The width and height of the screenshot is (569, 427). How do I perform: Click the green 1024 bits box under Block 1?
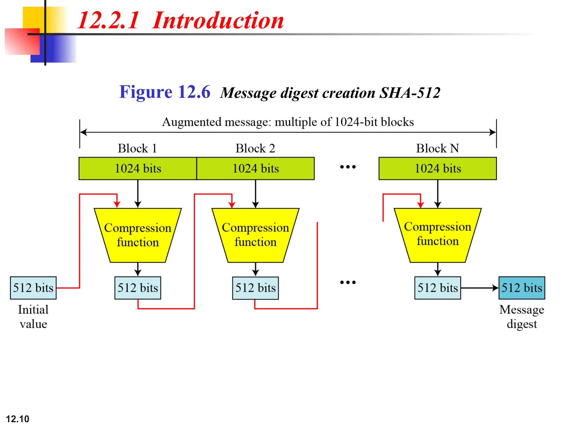(138, 168)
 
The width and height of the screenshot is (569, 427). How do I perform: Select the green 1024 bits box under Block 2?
(255, 168)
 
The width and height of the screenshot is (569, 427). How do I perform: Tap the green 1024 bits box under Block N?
(438, 168)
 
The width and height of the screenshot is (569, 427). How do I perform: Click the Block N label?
(437, 148)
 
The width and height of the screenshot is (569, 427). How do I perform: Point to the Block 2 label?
(255, 148)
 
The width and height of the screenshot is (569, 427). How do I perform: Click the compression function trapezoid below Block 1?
(138, 235)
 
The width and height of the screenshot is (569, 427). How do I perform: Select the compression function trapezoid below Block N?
(438, 235)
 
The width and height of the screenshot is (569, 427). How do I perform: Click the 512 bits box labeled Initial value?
(33, 288)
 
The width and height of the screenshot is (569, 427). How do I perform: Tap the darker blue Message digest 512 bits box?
(521, 288)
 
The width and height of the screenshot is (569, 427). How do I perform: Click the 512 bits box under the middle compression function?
(255, 288)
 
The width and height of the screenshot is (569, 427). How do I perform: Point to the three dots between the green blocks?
(348, 167)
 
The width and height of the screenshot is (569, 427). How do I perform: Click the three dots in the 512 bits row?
(348, 282)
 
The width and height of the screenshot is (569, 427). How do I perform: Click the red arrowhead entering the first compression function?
(117, 205)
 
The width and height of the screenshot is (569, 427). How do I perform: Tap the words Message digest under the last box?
(521, 317)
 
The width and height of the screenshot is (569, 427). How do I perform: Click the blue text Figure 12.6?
(164, 92)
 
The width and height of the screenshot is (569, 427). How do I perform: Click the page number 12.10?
(17, 419)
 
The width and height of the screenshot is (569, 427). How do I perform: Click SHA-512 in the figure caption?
(410, 93)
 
